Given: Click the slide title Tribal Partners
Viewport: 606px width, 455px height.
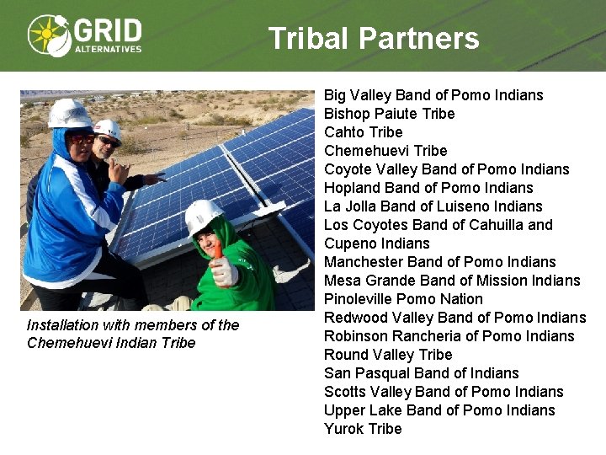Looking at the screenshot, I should (x=374, y=39).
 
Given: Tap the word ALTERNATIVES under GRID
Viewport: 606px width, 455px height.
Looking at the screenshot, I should (x=108, y=49).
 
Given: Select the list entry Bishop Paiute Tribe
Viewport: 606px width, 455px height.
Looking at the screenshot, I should (x=389, y=114).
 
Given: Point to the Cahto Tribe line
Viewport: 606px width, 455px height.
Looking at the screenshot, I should (x=364, y=132).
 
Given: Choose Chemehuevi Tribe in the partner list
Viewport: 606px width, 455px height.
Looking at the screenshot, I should (x=385, y=151).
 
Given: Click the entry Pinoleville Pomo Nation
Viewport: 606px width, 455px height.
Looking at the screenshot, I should (x=403, y=299).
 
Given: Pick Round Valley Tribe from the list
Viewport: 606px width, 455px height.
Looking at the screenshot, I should (x=388, y=355).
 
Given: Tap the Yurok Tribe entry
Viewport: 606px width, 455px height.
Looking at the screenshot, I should (x=363, y=429).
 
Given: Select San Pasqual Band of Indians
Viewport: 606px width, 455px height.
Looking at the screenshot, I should (x=422, y=373).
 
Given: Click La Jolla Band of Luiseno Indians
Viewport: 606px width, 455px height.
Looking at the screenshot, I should (x=433, y=206).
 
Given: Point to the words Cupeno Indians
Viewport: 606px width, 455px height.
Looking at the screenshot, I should (x=376, y=244).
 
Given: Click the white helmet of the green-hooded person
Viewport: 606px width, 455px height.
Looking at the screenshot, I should (x=203, y=216).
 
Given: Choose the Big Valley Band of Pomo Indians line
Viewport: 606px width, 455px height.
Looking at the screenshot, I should (x=433, y=95).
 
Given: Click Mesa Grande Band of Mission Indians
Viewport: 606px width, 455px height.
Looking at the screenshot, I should (x=452, y=281).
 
